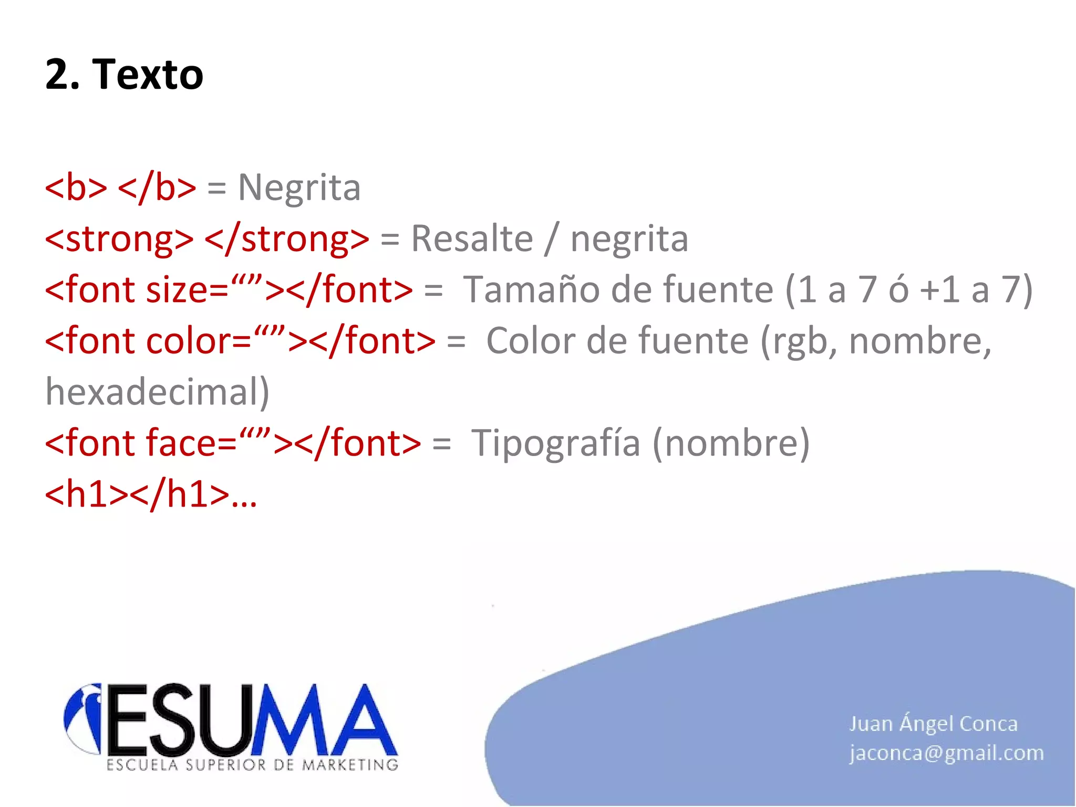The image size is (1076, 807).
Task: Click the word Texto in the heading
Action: tap(148, 75)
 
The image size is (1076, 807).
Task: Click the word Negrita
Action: tap(299, 188)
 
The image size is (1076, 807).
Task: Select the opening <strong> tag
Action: tap(119, 239)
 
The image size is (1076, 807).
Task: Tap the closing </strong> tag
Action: tap(287, 239)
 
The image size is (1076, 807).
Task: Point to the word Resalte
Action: tap(471, 239)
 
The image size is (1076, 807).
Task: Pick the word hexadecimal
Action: tap(157, 392)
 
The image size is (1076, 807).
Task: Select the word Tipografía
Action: tap(556, 443)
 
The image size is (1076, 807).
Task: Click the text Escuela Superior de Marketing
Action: tap(252, 765)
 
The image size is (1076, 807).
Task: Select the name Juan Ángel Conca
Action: tap(933, 724)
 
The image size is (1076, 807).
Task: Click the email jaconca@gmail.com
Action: tap(946, 753)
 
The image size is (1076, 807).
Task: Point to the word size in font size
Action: tap(177, 290)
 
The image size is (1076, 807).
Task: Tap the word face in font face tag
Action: tap(180, 443)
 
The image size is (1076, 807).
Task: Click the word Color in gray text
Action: tap(530, 342)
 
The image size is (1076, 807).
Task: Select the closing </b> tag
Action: tap(157, 188)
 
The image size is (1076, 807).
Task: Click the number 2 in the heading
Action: tap(57, 75)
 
